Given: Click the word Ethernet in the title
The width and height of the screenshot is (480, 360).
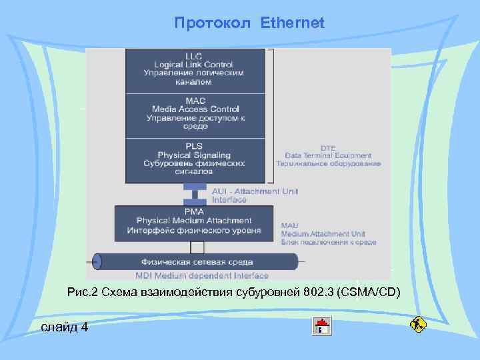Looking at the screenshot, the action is pyautogui.click(x=293, y=23).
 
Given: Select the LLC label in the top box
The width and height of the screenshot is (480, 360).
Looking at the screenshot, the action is pyautogui.click(x=195, y=55).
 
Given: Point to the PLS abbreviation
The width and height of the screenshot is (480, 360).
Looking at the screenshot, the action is pyautogui.click(x=195, y=146).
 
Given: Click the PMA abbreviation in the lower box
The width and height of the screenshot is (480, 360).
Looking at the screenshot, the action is pyautogui.click(x=194, y=211).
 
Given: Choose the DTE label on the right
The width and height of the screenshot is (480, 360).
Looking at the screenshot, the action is pyautogui.click(x=328, y=147).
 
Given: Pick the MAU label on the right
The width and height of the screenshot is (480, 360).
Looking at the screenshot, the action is pyautogui.click(x=290, y=226).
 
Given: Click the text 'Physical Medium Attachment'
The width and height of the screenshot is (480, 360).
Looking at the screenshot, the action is pyautogui.click(x=194, y=221).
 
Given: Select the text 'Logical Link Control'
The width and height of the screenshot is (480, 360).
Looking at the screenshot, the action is pyautogui.click(x=195, y=64).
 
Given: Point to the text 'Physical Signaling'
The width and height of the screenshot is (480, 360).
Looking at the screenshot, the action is pyautogui.click(x=194, y=155).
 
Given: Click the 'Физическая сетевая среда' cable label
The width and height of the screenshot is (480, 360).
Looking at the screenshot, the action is pyautogui.click(x=191, y=262).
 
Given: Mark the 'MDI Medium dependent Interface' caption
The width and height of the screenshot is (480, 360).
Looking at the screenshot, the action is pyautogui.click(x=202, y=275).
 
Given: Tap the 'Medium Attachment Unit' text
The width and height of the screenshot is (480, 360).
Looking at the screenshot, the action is pyautogui.click(x=323, y=234).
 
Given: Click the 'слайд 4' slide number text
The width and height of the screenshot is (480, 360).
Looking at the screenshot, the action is pyautogui.click(x=64, y=327).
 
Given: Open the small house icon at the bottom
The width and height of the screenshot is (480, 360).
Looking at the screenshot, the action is pyautogui.click(x=323, y=326).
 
